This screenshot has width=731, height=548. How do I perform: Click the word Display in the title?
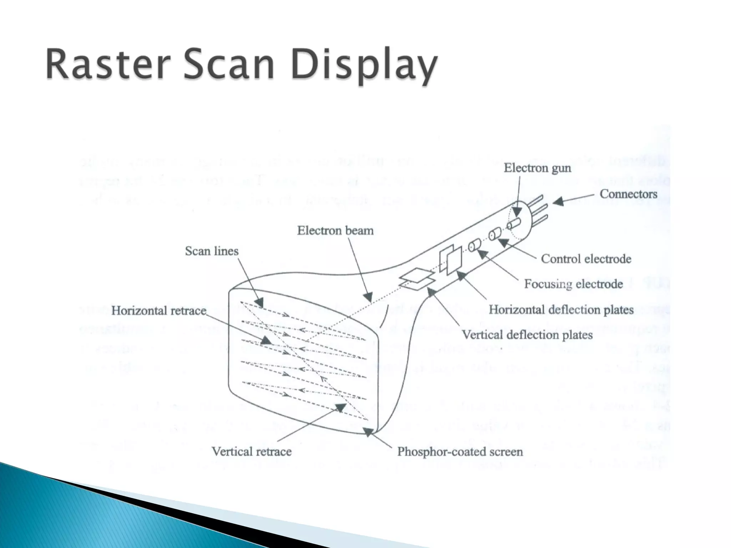(x=364, y=66)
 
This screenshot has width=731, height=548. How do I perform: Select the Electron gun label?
(x=537, y=168)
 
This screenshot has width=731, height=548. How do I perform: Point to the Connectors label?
(x=628, y=194)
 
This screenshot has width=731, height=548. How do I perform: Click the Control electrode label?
(x=586, y=259)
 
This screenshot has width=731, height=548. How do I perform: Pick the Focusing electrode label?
(x=573, y=284)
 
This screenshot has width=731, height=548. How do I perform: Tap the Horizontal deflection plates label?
(x=561, y=309)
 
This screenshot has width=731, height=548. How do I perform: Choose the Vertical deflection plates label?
(x=527, y=335)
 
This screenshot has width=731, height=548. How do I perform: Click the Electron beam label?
(x=335, y=230)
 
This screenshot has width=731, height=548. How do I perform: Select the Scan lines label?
(x=211, y=251)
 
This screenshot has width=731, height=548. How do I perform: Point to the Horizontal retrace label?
(x=158, y=311)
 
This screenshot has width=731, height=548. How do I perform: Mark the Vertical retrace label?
(x=251, y=452)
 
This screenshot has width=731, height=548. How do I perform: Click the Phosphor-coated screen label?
(x=460, y=452)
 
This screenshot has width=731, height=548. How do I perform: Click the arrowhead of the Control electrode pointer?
(x=501, y=243)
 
